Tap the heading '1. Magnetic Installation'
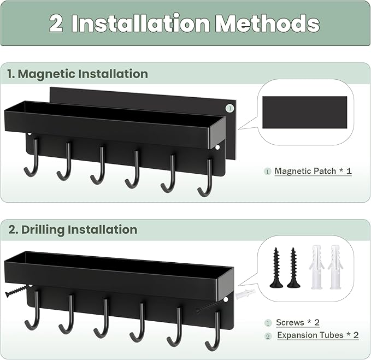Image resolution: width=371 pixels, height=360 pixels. (78, 74)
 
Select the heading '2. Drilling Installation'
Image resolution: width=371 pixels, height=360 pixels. (73, 229)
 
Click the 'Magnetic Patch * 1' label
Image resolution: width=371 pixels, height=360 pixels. (313, 171)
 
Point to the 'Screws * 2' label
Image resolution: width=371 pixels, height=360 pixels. (298, 323)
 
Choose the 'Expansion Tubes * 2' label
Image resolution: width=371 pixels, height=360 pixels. (317, 335)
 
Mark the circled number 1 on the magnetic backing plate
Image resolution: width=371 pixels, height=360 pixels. (230, 108)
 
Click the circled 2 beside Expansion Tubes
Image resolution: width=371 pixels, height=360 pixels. (268, 335)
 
